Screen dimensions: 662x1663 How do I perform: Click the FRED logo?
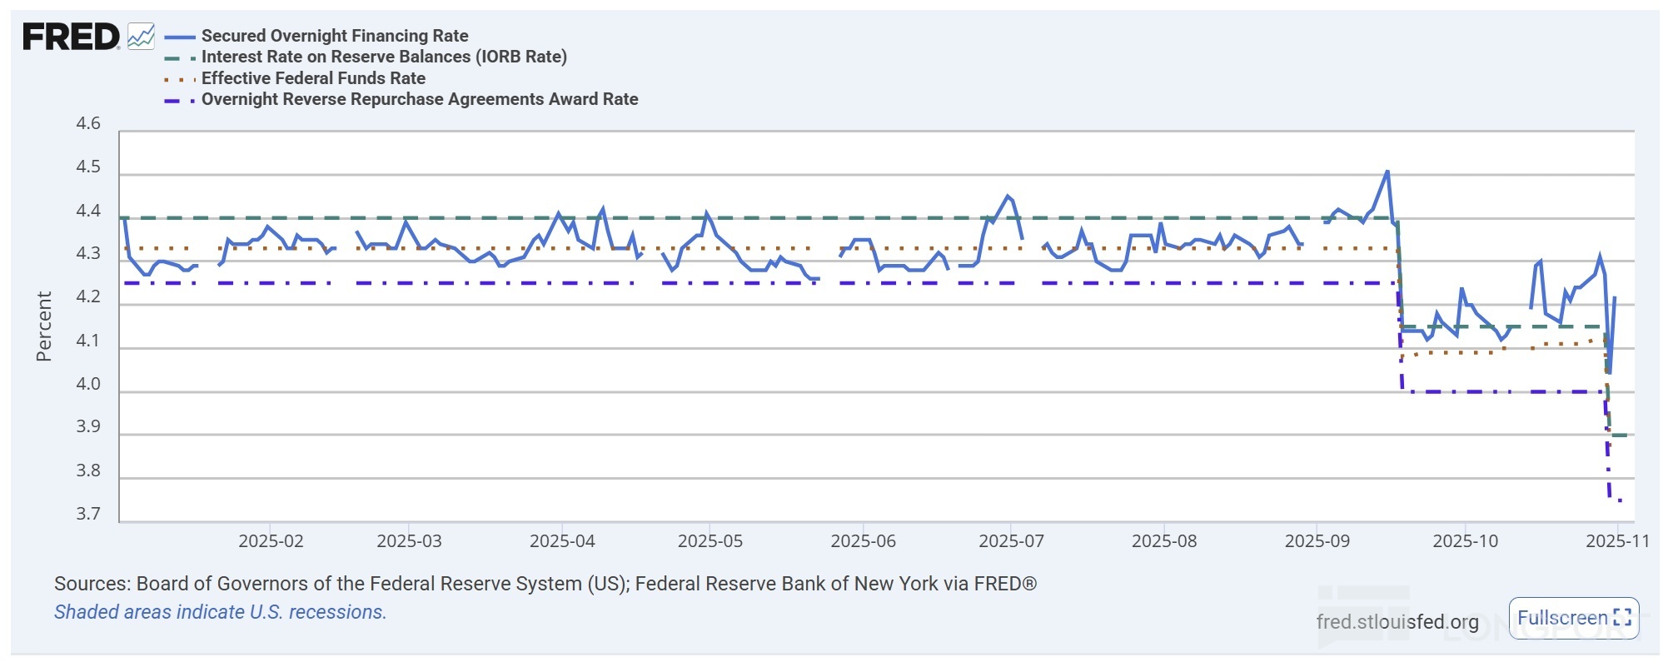coord(71,37)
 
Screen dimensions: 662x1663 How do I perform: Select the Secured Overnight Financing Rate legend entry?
coord(334,36)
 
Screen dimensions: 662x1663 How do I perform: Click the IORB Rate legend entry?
coord(383,57)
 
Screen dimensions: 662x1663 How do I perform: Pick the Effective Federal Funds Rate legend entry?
coord(313,78)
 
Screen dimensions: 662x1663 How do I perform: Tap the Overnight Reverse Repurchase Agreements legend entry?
coord(419,99)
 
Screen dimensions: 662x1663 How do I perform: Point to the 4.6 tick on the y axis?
coord(88,124)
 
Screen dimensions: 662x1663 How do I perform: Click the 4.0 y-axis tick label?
coord(88,384)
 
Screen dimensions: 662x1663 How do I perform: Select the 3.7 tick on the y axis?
coord(88,514)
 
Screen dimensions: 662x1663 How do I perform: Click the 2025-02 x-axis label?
coord(271,541)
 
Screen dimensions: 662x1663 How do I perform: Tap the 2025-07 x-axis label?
coord(1011,541)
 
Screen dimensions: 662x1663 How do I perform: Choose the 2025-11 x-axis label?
coord(1617,541)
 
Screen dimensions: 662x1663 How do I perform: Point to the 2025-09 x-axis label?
coord(1317,541)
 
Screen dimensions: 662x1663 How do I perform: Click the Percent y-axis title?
coord(44,326)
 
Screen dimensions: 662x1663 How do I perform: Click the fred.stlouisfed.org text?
coord(1397,621)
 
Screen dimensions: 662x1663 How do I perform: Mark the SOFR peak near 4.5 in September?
coord(1387,172)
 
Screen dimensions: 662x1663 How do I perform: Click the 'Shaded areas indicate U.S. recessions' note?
coord(220,612)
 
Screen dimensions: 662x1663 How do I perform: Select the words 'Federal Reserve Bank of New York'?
coord(786,584)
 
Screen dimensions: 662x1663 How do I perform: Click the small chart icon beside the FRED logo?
coord(141,37)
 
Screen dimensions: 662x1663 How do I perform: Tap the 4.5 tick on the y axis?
coord(88,167)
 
